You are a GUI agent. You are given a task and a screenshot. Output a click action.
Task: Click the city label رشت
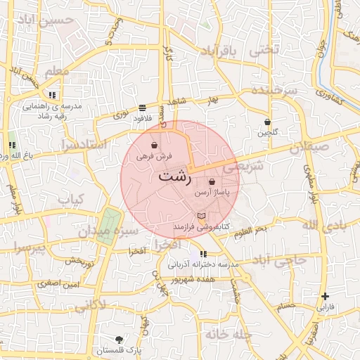(174, 176)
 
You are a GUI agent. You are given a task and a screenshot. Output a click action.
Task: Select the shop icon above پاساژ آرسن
(212, 181)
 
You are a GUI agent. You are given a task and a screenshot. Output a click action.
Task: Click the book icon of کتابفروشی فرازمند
(202, 215)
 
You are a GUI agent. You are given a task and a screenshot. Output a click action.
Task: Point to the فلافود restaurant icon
(143, 108)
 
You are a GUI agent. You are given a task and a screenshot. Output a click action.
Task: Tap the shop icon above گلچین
(267, 122)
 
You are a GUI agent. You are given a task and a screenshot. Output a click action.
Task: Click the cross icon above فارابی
(325, 297)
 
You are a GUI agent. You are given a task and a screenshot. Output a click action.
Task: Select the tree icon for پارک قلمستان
(117, 340)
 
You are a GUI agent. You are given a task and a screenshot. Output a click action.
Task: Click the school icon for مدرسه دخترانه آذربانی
(203, 254)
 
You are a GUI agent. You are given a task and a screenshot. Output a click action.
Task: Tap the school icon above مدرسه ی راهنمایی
(52, 95)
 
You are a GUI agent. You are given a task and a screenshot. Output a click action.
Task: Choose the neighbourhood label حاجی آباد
(281, 261)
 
